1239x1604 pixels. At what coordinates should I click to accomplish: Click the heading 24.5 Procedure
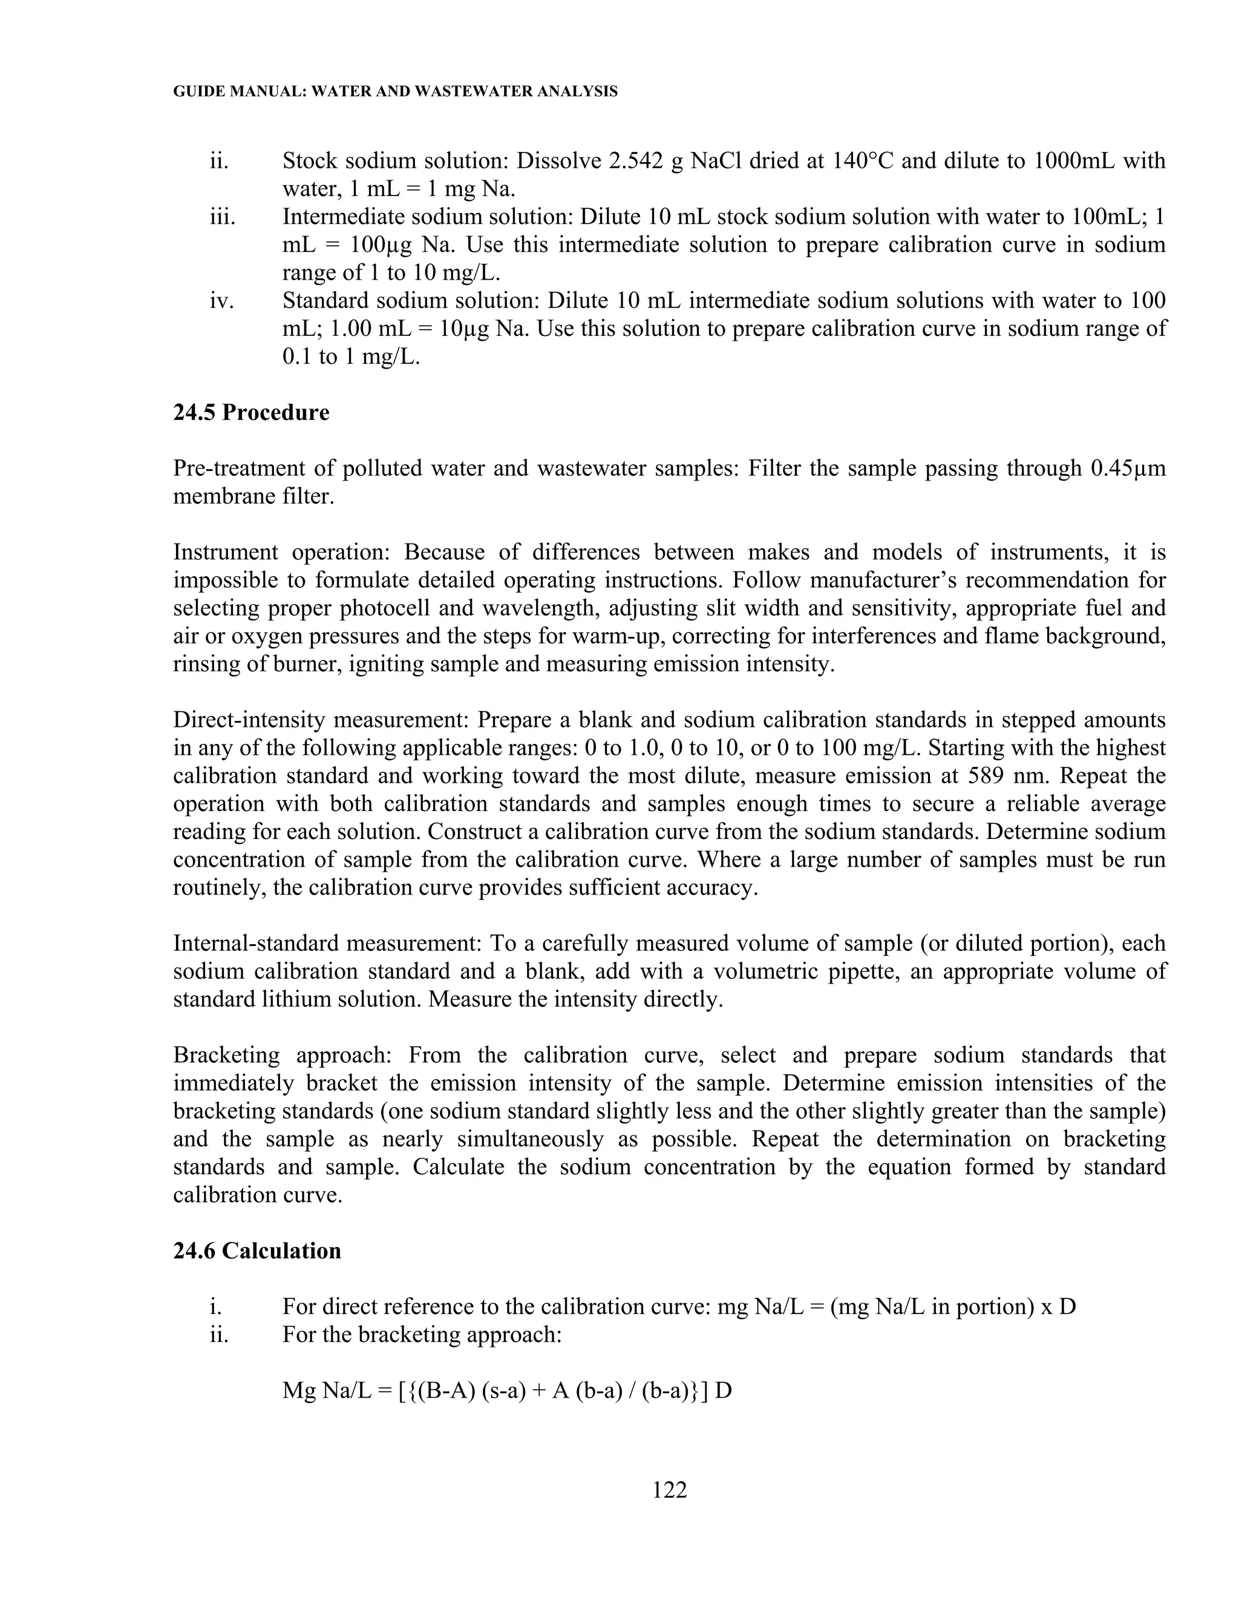point(251,413)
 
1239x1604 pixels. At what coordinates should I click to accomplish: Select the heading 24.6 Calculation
point(257,1251)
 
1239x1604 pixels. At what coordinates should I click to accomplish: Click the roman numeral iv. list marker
point(221,301)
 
